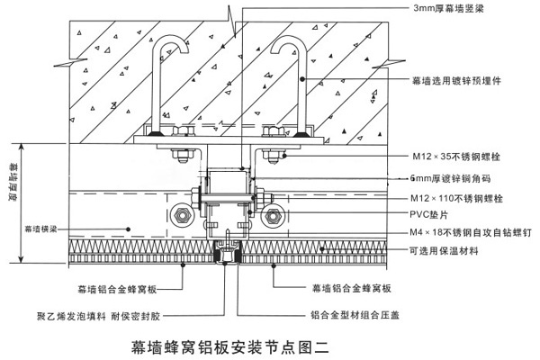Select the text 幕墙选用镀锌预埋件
[x=455, y=80]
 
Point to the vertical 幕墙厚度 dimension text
[x=13, y=184]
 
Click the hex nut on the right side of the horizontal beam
[x=271, y=217]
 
